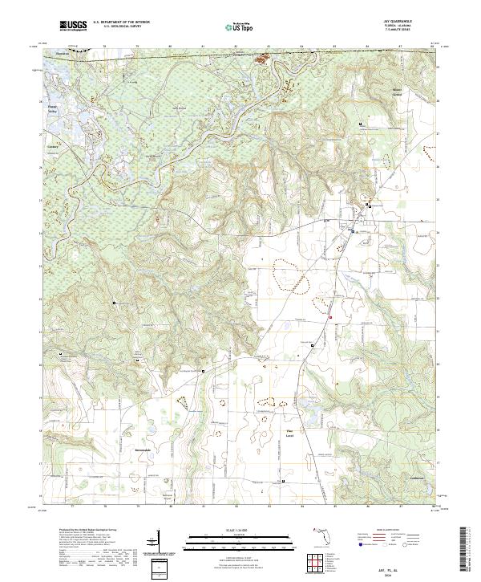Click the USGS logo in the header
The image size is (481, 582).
pos(74,26)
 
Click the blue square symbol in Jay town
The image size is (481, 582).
pos(351,231)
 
